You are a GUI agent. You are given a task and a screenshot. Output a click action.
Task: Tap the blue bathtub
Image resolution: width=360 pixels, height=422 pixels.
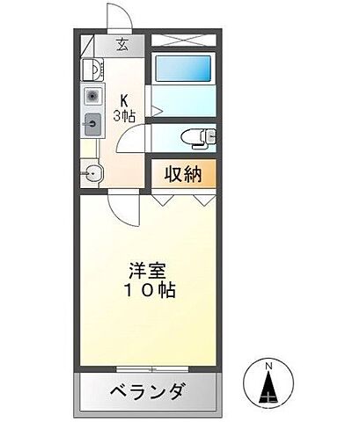tap(183, 69)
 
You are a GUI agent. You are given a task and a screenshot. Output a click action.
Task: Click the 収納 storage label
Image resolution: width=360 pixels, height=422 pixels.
tap(182, 172)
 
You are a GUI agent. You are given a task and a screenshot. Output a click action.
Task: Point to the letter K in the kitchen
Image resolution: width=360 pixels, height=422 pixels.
tap(123, 99)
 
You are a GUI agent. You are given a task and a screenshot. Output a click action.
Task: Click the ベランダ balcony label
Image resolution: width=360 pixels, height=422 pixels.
tap(147, 389)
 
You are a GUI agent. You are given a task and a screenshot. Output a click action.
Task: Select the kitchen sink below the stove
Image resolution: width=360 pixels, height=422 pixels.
tap(91, 123)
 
